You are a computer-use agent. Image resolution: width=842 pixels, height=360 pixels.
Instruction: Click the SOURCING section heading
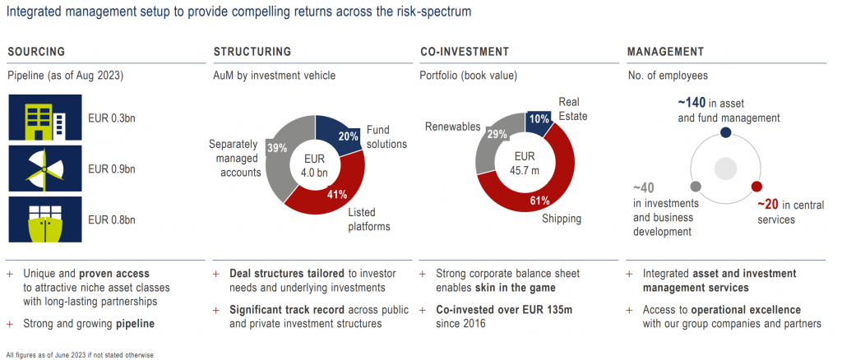[x=36, y=52]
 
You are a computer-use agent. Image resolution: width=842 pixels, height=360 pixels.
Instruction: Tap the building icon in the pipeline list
[x=45, y=118]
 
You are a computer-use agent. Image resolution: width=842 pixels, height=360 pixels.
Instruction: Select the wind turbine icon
[x=45, y=169]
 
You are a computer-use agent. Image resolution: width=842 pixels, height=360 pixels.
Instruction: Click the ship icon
[x=45, y=220]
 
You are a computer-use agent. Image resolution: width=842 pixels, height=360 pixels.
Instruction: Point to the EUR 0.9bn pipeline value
[x=112, y=169]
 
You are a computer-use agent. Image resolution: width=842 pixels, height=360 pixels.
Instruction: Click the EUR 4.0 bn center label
[x=316, y=164]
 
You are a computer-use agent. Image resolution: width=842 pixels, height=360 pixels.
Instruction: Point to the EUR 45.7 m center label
[x=524, y=163]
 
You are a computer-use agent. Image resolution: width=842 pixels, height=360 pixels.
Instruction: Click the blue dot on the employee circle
[x=725, y=132]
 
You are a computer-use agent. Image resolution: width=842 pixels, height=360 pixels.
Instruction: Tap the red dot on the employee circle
[x=756, y=187]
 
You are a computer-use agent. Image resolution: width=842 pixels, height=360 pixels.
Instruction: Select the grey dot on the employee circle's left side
[x=695, y=186]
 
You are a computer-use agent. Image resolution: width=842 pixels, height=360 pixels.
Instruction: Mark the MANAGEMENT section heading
[x=665, y=52]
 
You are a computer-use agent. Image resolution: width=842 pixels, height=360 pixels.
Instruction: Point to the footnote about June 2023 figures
[x=80, y=354]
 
